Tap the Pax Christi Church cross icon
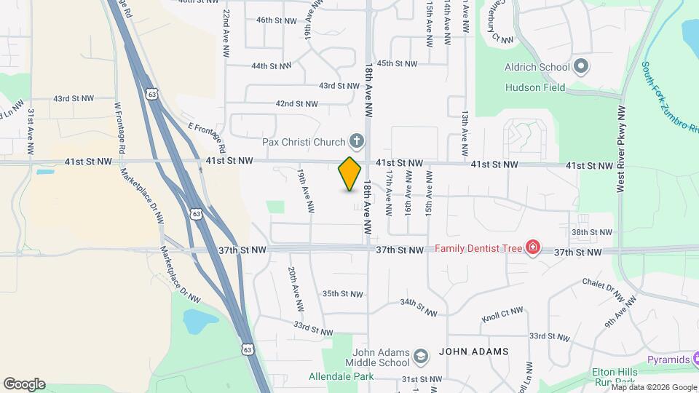[357, 140]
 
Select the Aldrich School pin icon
[581, 67]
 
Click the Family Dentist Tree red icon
[533, 248]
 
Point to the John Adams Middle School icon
[420, 357]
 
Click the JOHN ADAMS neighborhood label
[473, 352]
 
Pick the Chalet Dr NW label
[604, 290]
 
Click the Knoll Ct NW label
[502, 315]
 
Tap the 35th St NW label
[343, 294]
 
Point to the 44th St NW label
[271, 65]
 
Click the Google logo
[24, 384]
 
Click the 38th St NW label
[591, 232]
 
